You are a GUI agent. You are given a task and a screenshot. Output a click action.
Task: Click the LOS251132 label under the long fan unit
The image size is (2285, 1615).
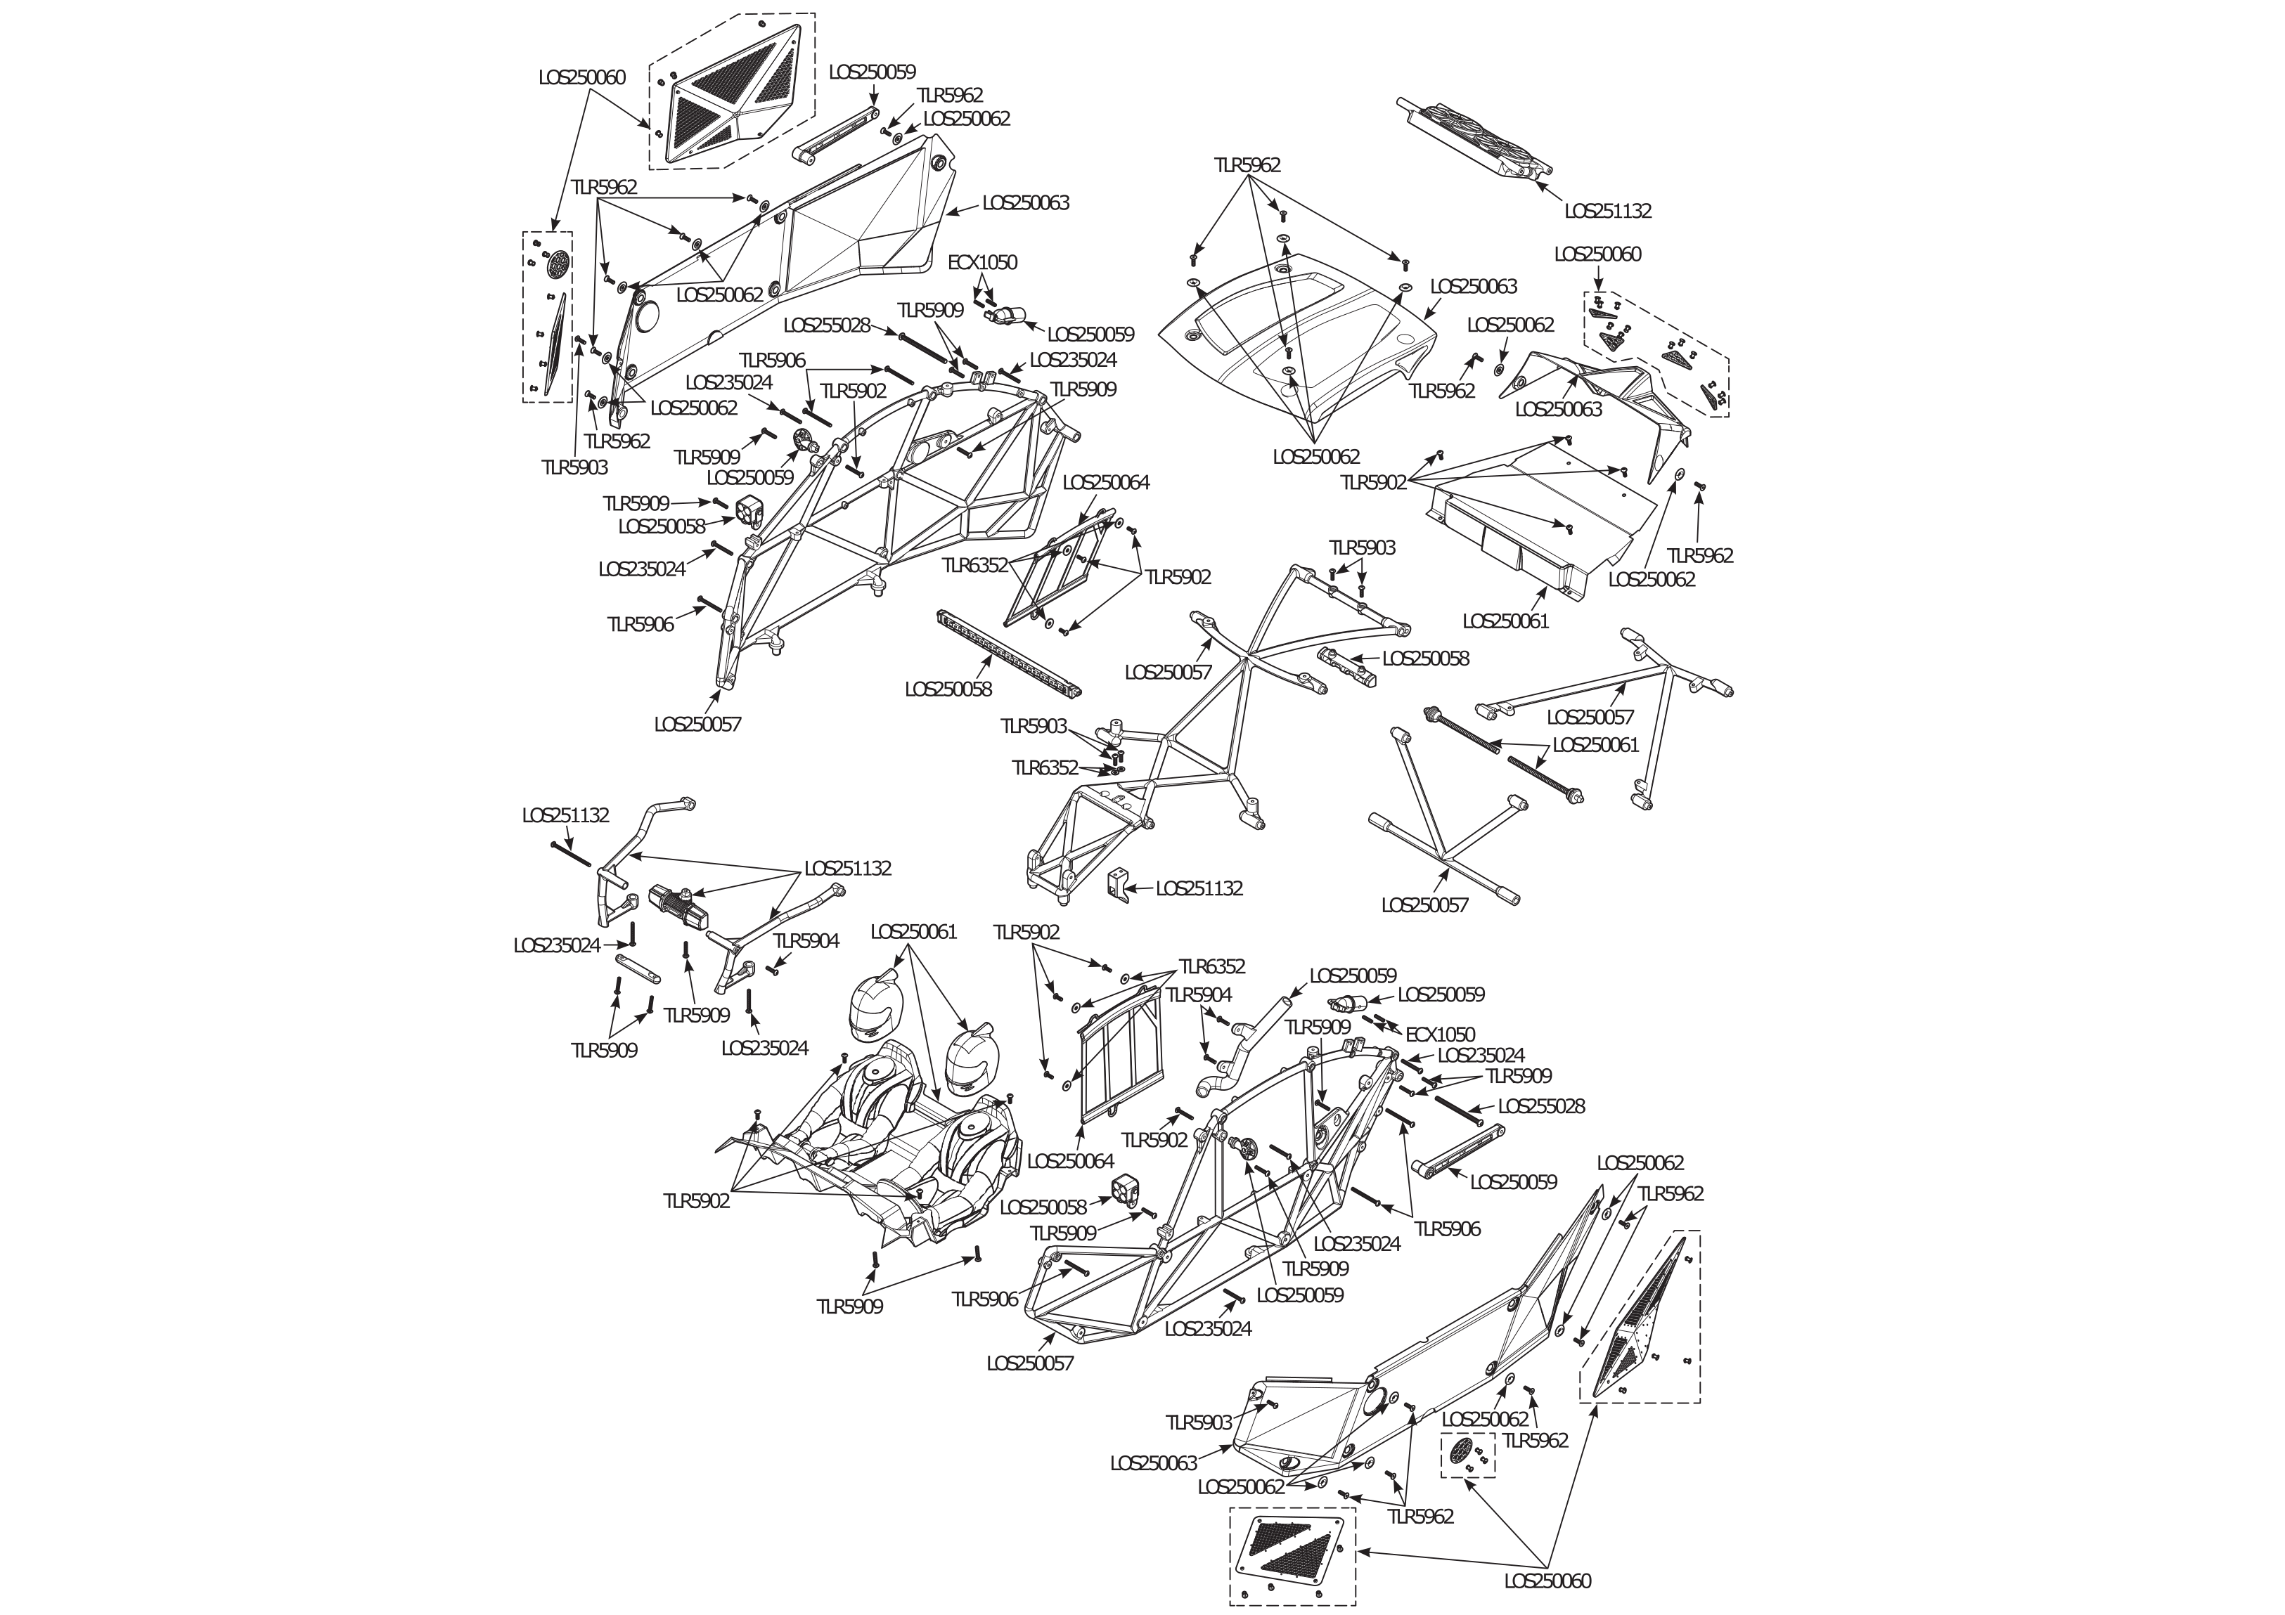pos(1607,211)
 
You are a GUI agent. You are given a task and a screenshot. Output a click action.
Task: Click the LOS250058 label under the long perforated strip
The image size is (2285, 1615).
pos(948,689)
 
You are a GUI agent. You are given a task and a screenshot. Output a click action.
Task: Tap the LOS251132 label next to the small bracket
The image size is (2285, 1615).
pos(1199,888)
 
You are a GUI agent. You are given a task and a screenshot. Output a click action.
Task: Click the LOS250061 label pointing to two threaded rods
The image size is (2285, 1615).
pos(1595,744)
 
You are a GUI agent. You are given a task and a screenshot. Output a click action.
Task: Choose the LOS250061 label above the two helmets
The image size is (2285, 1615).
pos(913,931)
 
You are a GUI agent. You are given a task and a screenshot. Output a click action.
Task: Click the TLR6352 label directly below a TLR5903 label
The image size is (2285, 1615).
pos(1045,767)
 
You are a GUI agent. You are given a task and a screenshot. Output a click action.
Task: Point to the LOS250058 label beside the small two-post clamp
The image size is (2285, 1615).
pos(1425,658)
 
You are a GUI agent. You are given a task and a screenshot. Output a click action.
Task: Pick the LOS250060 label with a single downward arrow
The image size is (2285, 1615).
pos(1597,254)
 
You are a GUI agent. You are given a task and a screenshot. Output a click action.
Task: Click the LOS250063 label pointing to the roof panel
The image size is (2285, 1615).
pos(1474,287)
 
